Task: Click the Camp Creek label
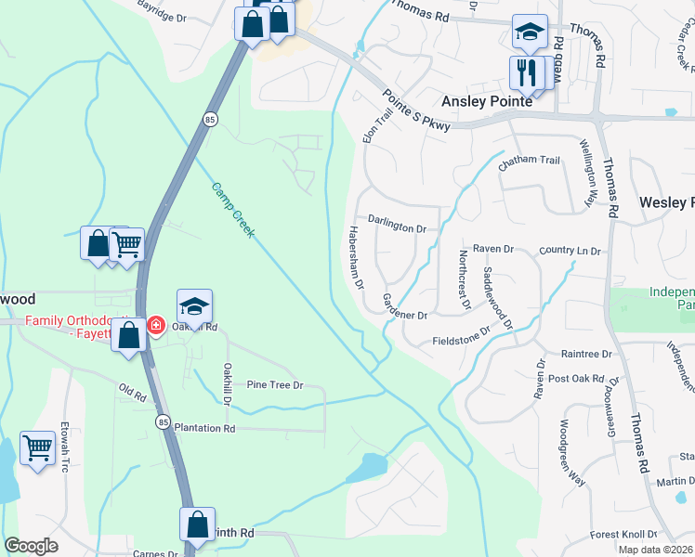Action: [x=232, y=209]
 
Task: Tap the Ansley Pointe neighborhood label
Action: [x=487, y=101]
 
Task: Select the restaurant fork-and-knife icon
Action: [x=524, y=71]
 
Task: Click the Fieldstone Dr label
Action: [x=461, y=336]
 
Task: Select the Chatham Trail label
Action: [x=529, y=161]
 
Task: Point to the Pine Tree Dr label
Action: [x=274, y=384]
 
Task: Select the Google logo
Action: [x=32, y=546]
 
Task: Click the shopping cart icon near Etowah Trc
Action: [x=37, y=448]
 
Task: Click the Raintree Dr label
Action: [x=586, y=354]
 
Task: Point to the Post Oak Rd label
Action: [x=584, y=379]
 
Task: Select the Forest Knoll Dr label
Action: [x=623, y=535]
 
